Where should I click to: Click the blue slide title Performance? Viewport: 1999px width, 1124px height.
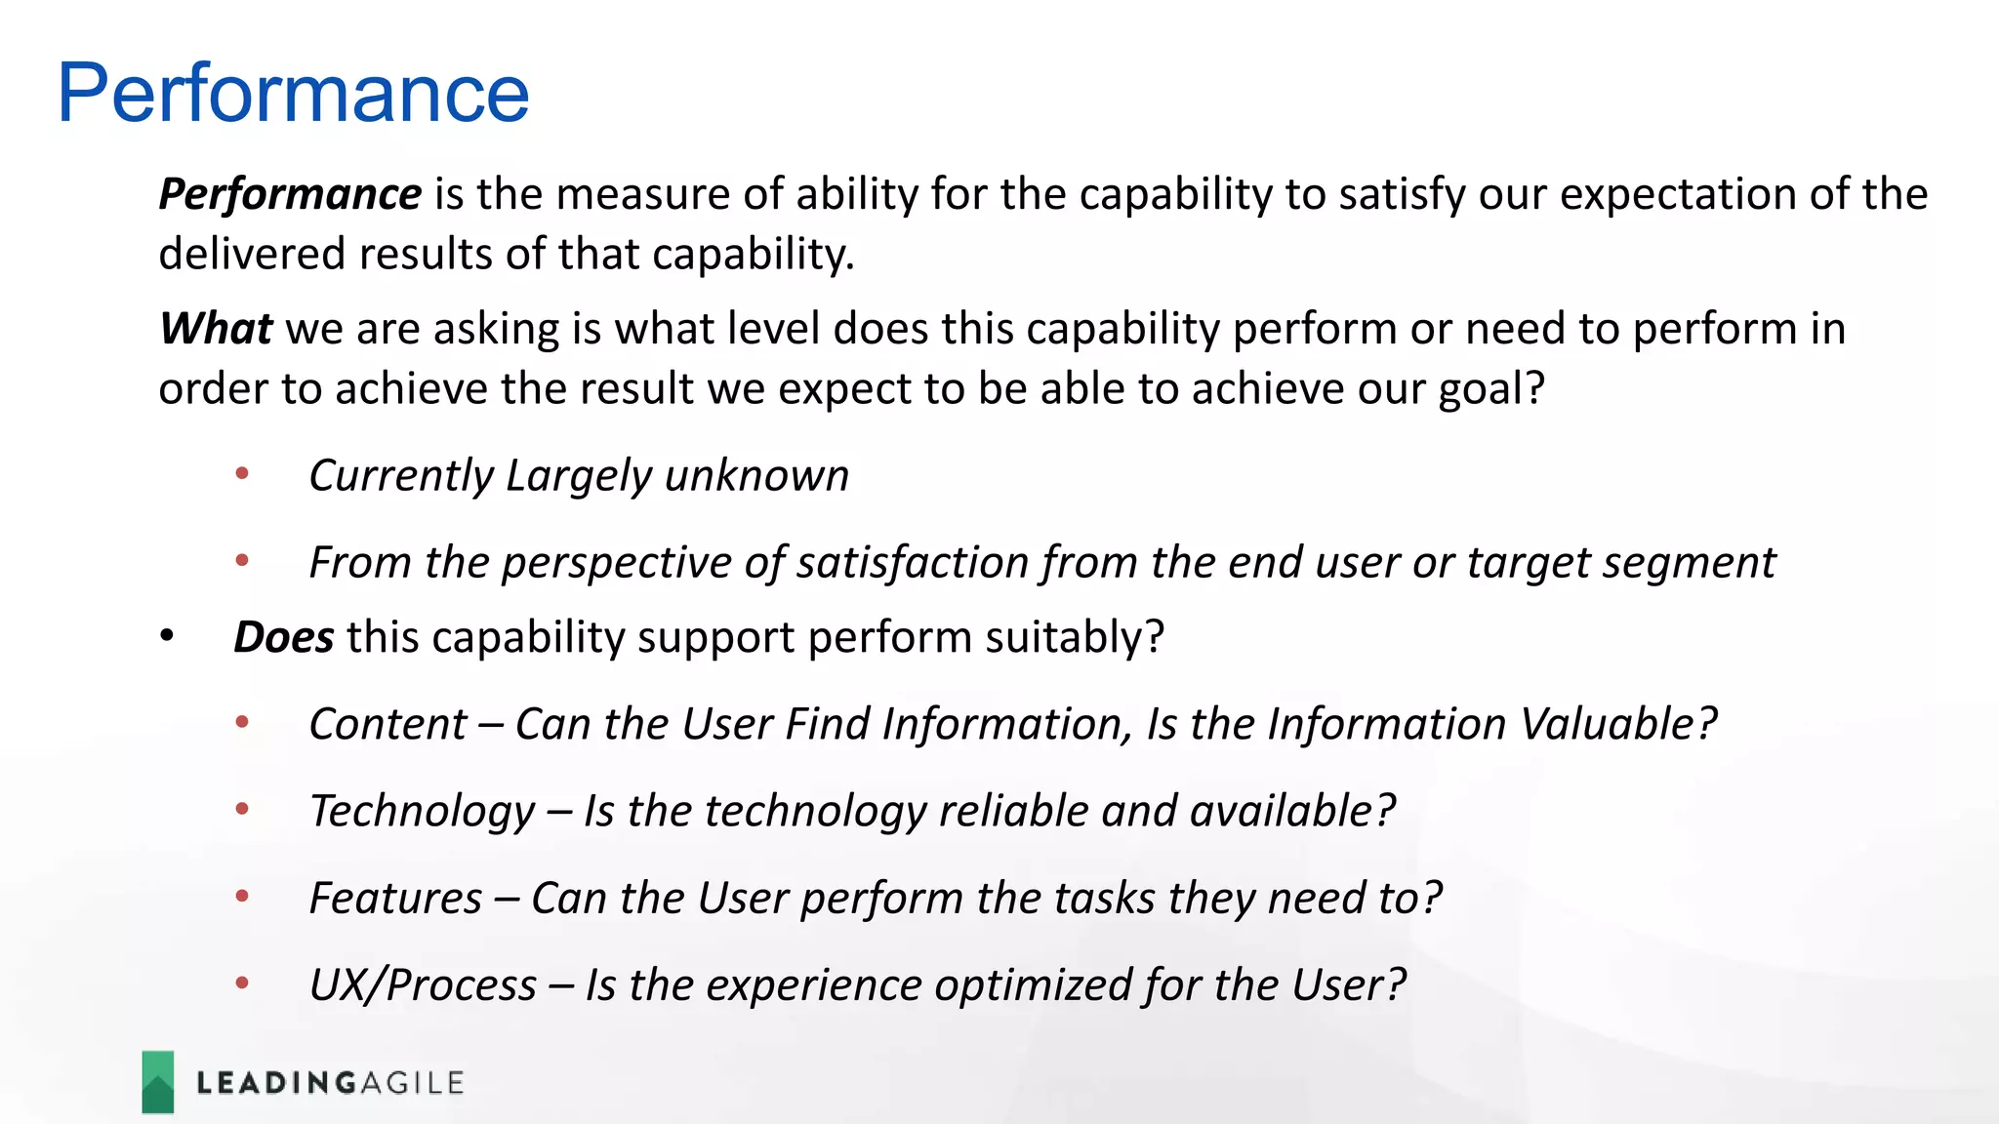pyautogui.click(x=293, y=94)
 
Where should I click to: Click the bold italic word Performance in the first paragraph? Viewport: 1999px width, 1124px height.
pyautogui.click(x=290, y=194)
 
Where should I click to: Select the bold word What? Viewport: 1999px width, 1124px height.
pyautogui.click(x=216, y=329)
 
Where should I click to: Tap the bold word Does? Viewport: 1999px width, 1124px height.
pyautogui.click(x=284, y=637)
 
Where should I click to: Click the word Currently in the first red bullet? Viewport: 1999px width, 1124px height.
pyautogui.click(x=400, y=476)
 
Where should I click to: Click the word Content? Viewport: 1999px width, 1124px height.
pyautogui.click(x=388, y=724)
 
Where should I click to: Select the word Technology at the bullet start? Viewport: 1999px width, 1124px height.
pyautogui.click(x=422, y=811)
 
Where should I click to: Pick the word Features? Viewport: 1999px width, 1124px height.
pyautogui.click(x=395, y=898)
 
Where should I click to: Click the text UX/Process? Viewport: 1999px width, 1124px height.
pyautogui.click(x=423, y=984)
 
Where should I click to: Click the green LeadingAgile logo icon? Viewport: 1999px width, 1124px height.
pyautogui.click(x=158, y=1082)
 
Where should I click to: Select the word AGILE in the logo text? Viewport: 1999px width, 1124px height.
pyautogui.click(x=412, y=1083)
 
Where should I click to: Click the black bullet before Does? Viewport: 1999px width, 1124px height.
pyautogui.click(x=167, y=637)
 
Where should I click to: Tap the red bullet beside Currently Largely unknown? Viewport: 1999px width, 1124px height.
pyautogui.click(x=242, y=475)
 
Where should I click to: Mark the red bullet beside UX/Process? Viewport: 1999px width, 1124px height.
pyautogui.click(x=242, y=983)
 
